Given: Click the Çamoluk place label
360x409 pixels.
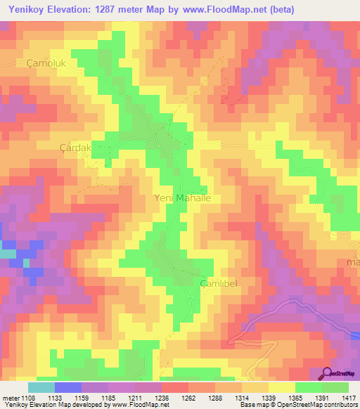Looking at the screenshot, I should (45, 63).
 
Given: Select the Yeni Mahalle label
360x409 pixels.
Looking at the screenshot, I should (182, 198).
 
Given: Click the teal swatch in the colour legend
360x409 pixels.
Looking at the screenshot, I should (41, 387).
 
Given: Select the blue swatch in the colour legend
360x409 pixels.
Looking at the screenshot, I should (68, 387).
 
